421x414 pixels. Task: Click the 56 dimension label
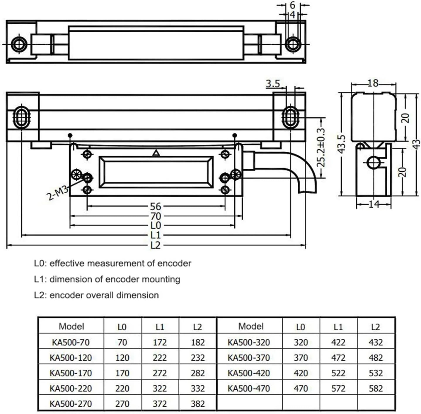[156, 207]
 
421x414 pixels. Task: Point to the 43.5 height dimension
[342, 144]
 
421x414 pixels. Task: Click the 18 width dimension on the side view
[373, 83]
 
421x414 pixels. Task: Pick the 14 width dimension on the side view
[374, 204]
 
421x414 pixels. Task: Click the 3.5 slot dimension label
[273, 84]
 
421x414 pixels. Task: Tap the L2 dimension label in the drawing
[156, 245]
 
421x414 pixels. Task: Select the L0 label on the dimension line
[156, 225]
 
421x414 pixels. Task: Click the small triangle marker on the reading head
[156, 153]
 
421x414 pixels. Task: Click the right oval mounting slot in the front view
[290, 118]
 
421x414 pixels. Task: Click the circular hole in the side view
[373, 163]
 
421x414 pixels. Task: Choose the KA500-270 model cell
[71, 404]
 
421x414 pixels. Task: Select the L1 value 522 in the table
[338, 373]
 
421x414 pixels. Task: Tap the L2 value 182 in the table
[197, 342]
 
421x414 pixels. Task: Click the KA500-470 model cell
[249, 388]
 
